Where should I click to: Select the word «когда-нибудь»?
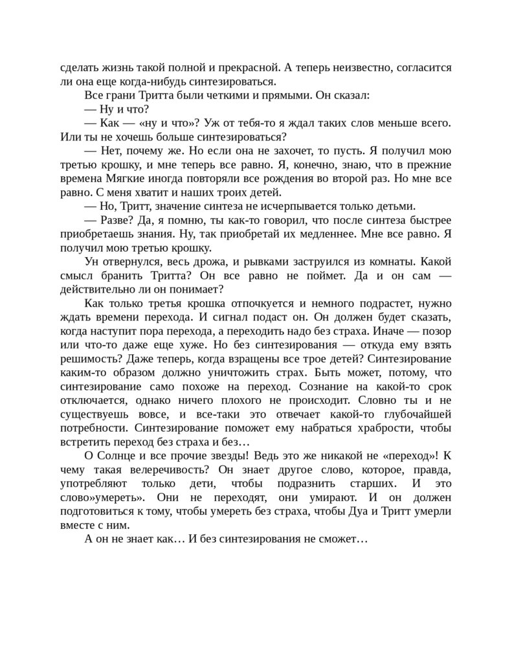coord(166,81)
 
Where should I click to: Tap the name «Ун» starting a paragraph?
coord(91,262)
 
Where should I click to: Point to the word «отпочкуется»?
coord(258,304)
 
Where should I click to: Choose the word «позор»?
coord(437,331)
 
